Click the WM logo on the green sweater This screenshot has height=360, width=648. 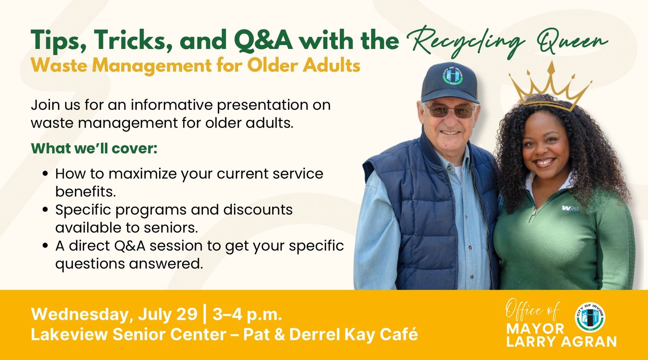click(570, 208)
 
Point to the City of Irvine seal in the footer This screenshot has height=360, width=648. click(590, 317)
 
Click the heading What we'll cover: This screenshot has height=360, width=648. click(94, 148)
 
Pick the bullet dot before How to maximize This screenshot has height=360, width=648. click(45, 174)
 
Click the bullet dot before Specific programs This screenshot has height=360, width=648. click(45, 210)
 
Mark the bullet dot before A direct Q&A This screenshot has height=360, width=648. click(45, 246)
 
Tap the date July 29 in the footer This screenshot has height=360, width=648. click(168, 315)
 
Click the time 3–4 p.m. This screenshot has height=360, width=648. click(247, 315)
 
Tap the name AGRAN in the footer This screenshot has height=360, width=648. click(589, 341)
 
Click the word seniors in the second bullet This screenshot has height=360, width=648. click(171, 228)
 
